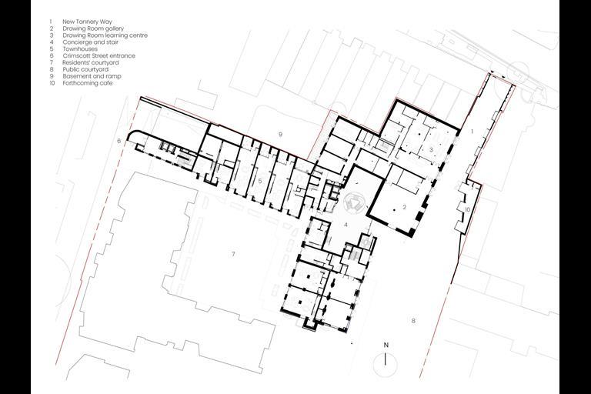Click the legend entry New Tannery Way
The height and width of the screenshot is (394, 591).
coord(84,22)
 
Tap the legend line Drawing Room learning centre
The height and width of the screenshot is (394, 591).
coord(100,35)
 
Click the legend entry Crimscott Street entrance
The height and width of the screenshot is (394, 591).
coord(93,56)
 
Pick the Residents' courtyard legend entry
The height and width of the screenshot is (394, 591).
coord(88,63)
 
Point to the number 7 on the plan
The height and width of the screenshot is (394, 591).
coord(232,253)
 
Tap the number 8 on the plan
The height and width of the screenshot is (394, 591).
coord(413,320)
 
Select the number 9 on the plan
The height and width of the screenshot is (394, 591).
coord(280,135)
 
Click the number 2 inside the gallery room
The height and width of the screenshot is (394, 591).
coord(403,208)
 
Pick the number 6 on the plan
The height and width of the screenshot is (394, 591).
coord(119,142)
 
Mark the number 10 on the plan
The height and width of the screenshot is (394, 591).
coord(467,209)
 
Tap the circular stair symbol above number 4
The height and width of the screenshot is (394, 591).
coord(354,202)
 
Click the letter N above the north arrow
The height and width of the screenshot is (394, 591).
coord(386,344)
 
